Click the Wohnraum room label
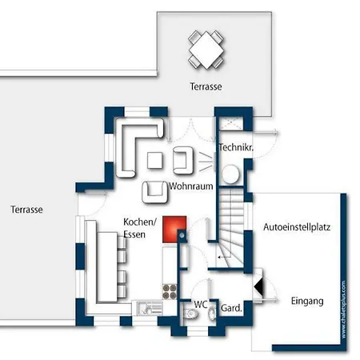pyautogui.click(x=191, y=186)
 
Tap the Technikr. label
pyautogui.click(x=236, y=147)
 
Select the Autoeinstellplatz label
pyautogui.click(x=297, y=227)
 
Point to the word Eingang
pyautogui.click(x=307, y=301)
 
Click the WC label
pyautogui.click(x=201, y=304)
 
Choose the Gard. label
pyautogui.click(x=231, y=308)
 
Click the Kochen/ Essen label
pyautogui.click(x=140, y=228)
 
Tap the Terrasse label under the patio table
pyautogui.click(x=206, y=86)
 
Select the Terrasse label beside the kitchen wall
pyautogui.click(x=26, y=210)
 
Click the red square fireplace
pyautogui.click(x=174, y=230)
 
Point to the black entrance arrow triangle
pyautogui.click(x=258, y=287)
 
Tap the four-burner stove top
pyautogui.click(x=170, y=291)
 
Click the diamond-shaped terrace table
pyautogui.click(x=206, y=50)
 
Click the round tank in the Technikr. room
pyautogui.click(x=230, y=174)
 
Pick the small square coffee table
pyautogui.click(x=154, y=160)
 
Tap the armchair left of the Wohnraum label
pyautogui.click(x=155, y=192)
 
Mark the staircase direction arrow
pyautogui.click(x=224, y=258)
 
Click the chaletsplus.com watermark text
pyautogui.click(x=343, y=310)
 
